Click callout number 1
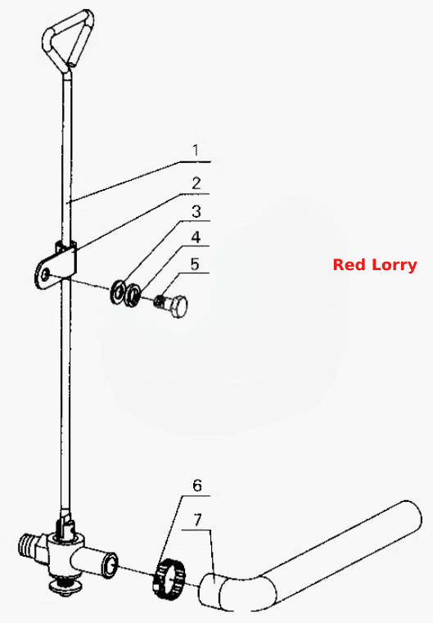pyautogui.click(x=196, y=150)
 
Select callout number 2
pyautogui.click(x=196, y=183)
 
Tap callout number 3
pyautogui.click(x=196, y=211)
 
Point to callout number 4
pyautogui.click(x=196, y=237)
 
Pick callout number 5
pyautogui.click(x=195, y=264)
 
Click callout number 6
pyautogui.click(x=197, y=485)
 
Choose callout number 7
pyautogui.click(x=197, y=520)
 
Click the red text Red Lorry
pyautogui.click(x=375, y=264)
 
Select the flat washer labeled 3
pyautogui.click(x=118, y=293)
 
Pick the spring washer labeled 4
pyautogui.click(x=132, y=295)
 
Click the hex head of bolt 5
pyautogui.click(x=178, y=306)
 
